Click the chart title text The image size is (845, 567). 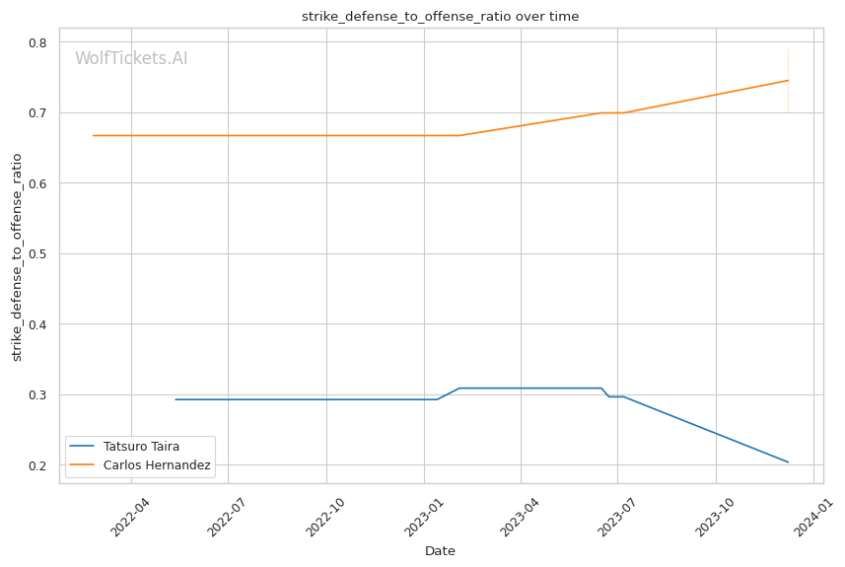pyautogui.click(x=439, y=16)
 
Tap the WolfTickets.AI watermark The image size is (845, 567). pyautogui.click(x=131, y=59)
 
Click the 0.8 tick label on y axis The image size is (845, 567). pyautogui.click(x=39, y=42)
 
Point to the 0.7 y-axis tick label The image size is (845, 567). pyautogui.click(x=39, y=113)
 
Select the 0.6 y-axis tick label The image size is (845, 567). pyautogui.click(x=39, y=183)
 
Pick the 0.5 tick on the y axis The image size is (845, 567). pyautogui.click(x=39, y=254)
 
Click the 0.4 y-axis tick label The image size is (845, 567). pyautogui.click(x=39, y=324)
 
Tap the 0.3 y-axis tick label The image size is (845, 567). pyautogui.click(x=39, y=395)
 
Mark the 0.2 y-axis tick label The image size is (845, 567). pyautogui.click(x=39, y=465)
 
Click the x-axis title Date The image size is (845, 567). pyautogui.click(x=440, y=551)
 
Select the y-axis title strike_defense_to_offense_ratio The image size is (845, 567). pyautogui.click(x=17, y=256)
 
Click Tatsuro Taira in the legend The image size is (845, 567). pyautogui.click(x=141, y=447)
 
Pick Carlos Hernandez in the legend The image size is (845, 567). pyautogui.click(x=157, y=464)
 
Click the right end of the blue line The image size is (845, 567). pyautogui.click(x=788, y=461)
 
